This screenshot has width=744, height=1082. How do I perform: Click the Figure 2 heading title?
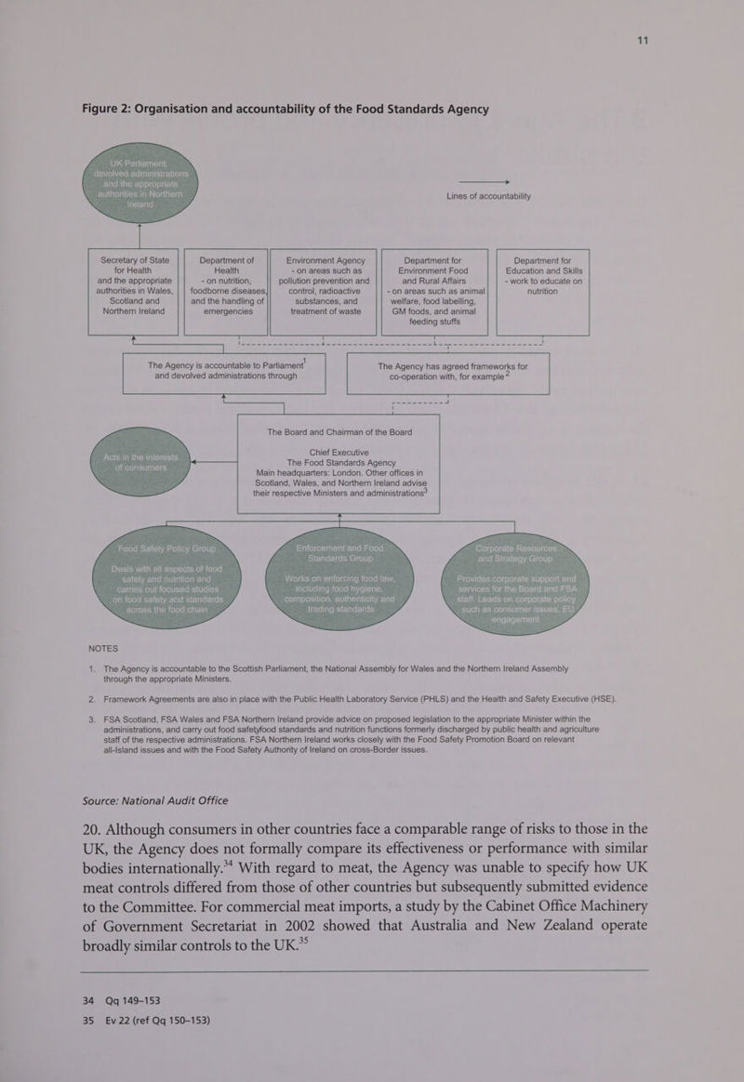click(286, 109)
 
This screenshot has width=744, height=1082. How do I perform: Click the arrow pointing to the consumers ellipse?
click(209, 460)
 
